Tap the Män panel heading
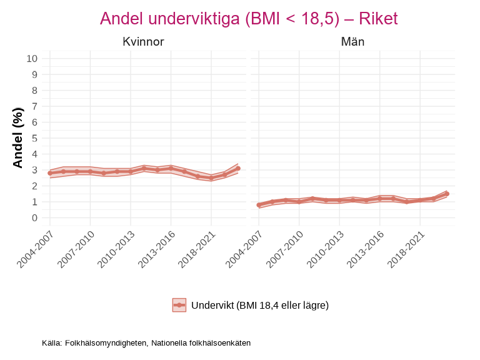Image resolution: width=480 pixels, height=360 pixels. (x=352, y=42)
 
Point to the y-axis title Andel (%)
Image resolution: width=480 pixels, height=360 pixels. (x=18, y=137)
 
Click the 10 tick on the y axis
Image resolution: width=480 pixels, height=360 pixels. (x=32, y=59)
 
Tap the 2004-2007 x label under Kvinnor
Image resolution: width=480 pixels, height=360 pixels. (x=35, y=249)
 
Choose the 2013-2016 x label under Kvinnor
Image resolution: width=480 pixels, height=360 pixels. (x=156, y=249)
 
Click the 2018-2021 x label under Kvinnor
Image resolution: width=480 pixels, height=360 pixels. (x=196, y=249)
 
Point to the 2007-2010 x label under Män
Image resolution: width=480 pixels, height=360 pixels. (x=284, y=249)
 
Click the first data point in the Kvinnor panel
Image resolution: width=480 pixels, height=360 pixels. (x=50, y=173)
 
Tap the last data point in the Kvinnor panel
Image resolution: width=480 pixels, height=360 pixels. (x=238, y=169)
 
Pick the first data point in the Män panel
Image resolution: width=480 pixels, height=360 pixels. (x=259, y=205)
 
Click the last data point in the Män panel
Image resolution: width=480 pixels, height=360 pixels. (x=447, y=194)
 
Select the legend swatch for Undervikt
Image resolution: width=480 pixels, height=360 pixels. (x=179, y=305)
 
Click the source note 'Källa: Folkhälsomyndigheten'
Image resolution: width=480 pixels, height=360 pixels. (x=146, y=343)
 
